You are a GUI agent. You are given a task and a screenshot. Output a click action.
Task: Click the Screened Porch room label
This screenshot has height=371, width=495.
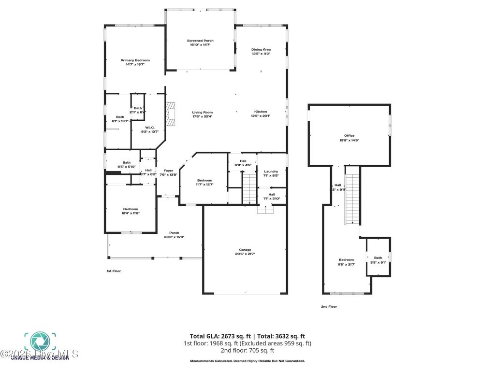(x=200, y=41)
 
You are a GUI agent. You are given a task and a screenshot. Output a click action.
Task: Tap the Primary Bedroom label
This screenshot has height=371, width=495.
(x=135, y=60)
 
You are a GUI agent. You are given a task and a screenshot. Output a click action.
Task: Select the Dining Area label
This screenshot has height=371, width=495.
(x=261, y=49)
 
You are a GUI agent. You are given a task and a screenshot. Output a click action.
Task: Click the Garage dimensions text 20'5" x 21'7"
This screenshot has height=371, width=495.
(x=245, y=254)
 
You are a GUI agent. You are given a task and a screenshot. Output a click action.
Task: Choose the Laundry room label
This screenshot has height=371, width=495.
(x=271, y=171)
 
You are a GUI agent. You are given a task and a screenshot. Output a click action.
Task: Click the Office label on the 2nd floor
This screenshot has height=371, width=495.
(x=349, y=136)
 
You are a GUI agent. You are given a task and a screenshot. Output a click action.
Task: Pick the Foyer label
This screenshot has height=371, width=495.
(x=168, y=171)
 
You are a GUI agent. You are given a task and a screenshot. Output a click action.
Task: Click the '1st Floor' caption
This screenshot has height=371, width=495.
(x=114, y=271)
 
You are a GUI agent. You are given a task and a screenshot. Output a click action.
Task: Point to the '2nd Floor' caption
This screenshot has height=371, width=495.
(x=329, y=306)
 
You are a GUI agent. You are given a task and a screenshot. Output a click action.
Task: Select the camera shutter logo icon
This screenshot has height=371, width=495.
(x=40, y=342)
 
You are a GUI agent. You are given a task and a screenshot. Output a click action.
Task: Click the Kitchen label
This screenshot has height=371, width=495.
(x=261, y=112)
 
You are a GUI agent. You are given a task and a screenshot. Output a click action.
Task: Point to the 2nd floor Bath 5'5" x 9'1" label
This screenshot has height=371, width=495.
(x=378, y=258)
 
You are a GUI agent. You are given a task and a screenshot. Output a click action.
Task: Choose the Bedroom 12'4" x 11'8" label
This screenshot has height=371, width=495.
(x=131, y=209)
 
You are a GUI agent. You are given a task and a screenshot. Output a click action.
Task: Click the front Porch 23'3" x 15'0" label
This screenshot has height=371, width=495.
(x=174, y=233)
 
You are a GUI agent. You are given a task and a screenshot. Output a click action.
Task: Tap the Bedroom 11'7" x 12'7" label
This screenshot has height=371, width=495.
(x=205, y=180)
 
